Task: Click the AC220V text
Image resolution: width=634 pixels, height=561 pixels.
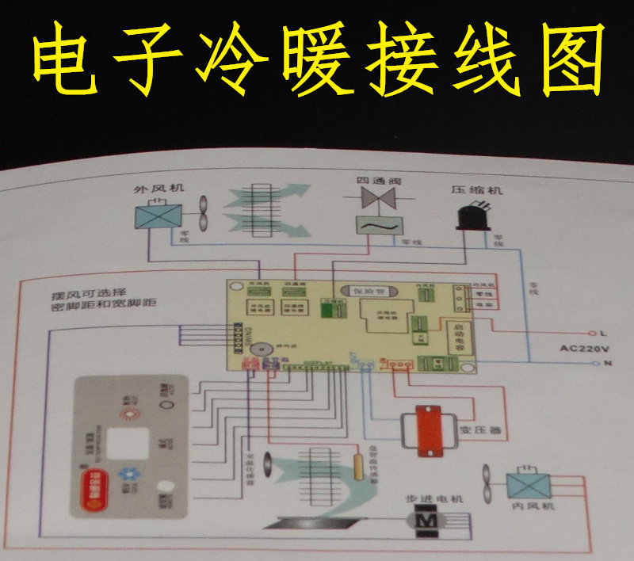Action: pyautogui.click(x=583, y=349)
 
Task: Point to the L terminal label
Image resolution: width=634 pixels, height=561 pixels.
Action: pyautogui.click(x=603, y=334)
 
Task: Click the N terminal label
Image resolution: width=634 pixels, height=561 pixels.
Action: pyautogui.click(x=607, y=364)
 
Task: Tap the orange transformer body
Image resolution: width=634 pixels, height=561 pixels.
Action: pyautogui.click(x=429, y=433)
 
